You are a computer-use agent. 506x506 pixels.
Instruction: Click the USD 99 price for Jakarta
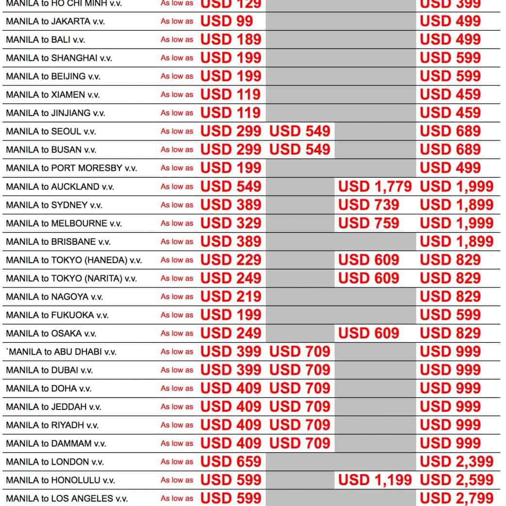[x=226, y=21]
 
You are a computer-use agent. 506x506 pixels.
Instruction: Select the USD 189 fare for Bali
[x=231, y=39]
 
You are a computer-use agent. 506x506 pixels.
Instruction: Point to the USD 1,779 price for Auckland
[x=375, y=186]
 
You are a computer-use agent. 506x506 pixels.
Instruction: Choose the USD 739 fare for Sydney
[x=369, y=205]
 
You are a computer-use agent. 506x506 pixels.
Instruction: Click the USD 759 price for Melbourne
[x=369, y=223]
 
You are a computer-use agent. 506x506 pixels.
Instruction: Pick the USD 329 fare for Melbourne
[x=231, y=223]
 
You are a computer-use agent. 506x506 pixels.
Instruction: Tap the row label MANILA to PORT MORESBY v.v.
[x=71, y=168]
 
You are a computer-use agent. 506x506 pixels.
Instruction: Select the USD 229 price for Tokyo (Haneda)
[x=231, y=260]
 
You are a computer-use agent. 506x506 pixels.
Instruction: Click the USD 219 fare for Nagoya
[x=231, y=297]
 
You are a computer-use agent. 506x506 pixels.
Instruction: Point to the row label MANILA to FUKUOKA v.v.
[x=57, y=315]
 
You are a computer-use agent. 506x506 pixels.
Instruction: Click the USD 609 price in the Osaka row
[x=369, y=333]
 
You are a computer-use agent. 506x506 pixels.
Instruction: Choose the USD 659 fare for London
[x=231, y=462]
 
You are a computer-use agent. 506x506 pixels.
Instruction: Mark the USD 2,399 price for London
[x=456, y=462]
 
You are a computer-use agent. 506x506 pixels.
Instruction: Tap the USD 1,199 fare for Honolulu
[x=375, y=480]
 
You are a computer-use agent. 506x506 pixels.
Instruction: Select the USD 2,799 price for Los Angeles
[x=456, y=498]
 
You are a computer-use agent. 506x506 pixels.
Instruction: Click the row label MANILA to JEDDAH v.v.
[x=53, y=407]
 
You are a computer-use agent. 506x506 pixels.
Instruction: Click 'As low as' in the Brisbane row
[x=177, y=242]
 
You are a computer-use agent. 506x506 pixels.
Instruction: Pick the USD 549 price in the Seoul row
[x=300, y=131]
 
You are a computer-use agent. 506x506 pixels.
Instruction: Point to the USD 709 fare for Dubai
[x=300, y=370]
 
